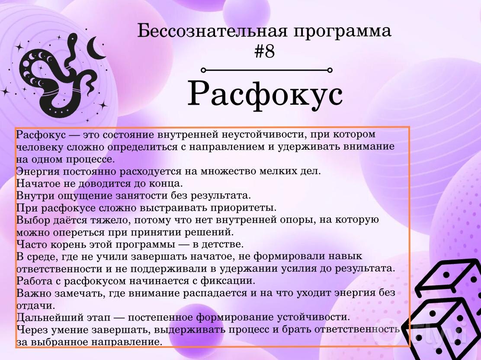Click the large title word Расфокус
265,94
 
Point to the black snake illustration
56,78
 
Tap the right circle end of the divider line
330,70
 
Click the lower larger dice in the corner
441,327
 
